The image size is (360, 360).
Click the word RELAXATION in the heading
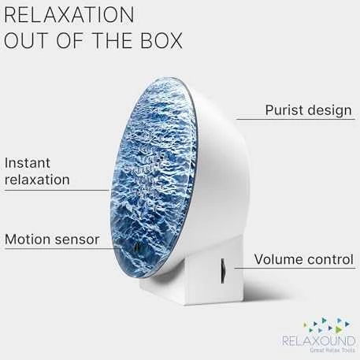(x=69, y=15)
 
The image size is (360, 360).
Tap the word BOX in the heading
(x=161, y=40)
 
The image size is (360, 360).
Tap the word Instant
(x=28, y=163)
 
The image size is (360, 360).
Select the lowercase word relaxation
(x=37, y=180)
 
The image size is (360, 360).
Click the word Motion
(x=28, y=239)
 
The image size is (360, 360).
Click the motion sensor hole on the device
(x=136, y=247)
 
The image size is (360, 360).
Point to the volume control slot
(x=223, y=271)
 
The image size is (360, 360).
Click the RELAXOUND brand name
(x=318, y=341)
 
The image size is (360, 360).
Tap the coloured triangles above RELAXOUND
(x=327, y=325)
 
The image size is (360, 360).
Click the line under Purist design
(x=295, y=119)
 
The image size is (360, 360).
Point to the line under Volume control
(x=295, y=268)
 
